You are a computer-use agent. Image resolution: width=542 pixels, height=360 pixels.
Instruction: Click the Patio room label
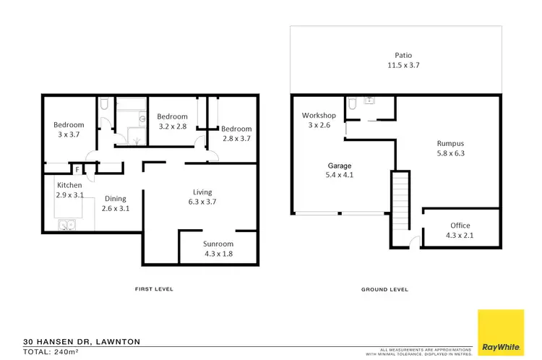[x=403, y=54]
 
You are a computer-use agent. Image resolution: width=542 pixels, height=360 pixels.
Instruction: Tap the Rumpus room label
[x=450, y=142]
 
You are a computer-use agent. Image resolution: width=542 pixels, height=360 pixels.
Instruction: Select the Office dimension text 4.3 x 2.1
[x=460, y=236]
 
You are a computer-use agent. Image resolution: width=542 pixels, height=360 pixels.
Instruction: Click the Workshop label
[x=319, y=116]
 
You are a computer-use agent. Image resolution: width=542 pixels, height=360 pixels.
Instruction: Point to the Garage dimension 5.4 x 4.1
[x=340, y=175]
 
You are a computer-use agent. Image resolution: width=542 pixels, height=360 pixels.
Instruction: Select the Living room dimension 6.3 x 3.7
[x=202, y=202]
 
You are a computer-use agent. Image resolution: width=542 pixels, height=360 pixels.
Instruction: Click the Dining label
[x=116, y=199]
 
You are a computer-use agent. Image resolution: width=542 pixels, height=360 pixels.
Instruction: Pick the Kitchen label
[x=69, y=185]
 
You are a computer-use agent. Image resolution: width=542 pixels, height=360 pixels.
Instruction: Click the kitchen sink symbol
[x=67, y=225]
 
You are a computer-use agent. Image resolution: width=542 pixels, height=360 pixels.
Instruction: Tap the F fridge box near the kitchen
[x=77, y=169]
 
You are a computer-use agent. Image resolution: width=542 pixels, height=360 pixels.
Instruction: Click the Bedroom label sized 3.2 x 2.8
[x=172, y=116]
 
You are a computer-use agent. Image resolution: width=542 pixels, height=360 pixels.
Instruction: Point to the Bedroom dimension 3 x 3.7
[x=69, y=135]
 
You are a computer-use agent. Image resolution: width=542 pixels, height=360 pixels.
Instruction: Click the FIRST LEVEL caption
[x=154, y=289]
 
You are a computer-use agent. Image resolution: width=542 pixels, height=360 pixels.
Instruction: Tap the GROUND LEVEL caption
[x=384, y=289]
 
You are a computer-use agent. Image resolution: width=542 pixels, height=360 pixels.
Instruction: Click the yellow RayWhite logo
[x=501, y=332]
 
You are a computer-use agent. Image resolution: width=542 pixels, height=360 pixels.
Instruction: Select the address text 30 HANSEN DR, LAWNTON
[x=81, y=341]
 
